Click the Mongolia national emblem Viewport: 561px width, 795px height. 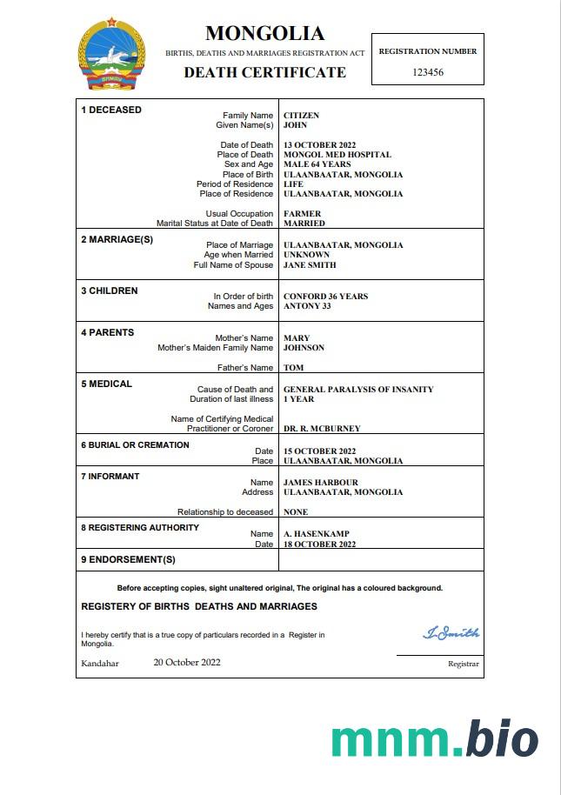[112, 53]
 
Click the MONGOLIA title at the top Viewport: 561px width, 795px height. [264, 34]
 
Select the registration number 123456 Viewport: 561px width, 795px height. [427, 72]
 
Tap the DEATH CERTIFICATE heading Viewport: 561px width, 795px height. [264, 73]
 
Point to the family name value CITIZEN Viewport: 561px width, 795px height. [301, 116]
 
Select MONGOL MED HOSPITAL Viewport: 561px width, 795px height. [337, 155]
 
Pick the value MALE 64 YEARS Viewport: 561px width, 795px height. [317, 164]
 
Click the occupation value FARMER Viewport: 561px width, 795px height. [302, 214]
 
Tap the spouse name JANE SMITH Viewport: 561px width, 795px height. [310, 265]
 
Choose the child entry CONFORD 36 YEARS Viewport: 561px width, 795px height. [325, 297]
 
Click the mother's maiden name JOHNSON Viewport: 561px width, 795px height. [304, 348]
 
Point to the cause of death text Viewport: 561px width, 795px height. [358, 390]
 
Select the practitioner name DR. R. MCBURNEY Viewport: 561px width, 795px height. [322, 429]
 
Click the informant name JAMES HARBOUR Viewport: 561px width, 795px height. [320, 483]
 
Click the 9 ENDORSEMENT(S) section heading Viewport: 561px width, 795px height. [128, 559]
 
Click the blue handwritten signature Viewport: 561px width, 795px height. [451, 633]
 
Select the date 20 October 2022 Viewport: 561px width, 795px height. [187, 662]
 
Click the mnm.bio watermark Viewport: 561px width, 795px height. [434, 739]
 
